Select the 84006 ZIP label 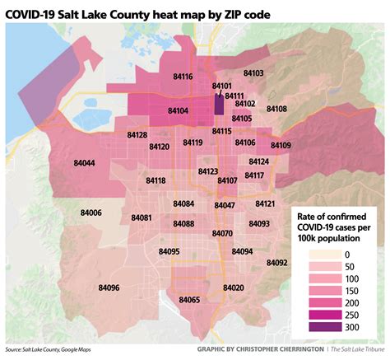click(91, 213)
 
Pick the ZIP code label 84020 click(234, 288)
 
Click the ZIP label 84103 click(253, 73)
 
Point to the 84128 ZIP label click(137, 134)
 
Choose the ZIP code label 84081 click(142, 217)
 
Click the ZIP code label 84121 click(265, 203)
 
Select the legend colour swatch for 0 click(321, 255)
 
